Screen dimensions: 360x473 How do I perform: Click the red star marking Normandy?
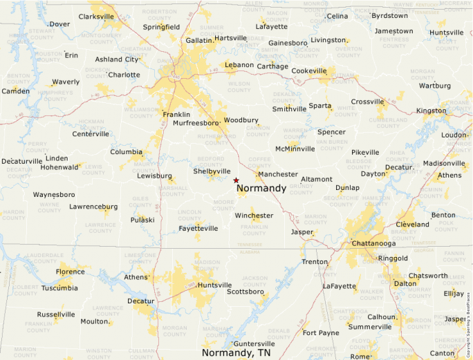coord(236,180)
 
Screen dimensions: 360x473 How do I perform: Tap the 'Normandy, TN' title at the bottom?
coord(236,352)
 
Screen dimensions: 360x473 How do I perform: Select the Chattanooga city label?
coord(373,243)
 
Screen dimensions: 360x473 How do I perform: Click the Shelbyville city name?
coord(212,171)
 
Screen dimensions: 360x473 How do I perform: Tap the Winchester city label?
coord(254,216)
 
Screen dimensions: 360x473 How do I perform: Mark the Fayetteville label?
coord(198,228)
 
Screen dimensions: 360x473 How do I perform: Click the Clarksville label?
coord(96,16)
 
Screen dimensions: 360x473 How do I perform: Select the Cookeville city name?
coord(309,70)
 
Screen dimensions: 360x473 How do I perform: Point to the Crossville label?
coord(367,102)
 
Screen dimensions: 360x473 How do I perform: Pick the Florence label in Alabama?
coord(71,272)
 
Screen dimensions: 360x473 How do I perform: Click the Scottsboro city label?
coord(245,292)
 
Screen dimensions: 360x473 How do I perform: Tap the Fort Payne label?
coord(321,332)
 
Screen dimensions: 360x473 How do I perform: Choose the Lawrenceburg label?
coord(93,206)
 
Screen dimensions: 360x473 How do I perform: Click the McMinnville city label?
coord(295,149)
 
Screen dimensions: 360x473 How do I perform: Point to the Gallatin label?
coord(199,41)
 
